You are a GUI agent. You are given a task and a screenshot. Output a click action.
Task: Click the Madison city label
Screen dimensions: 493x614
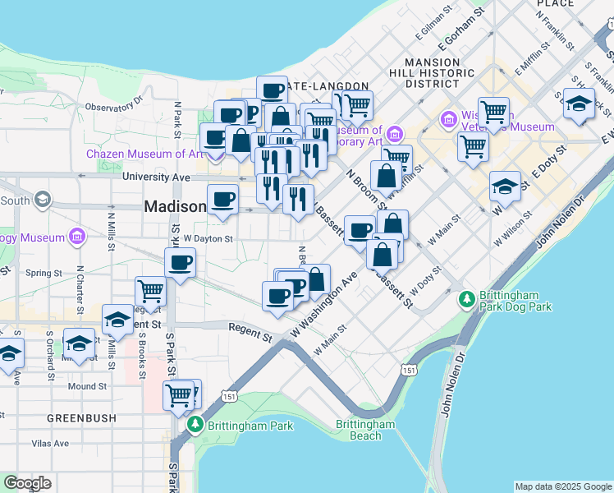pyautogui.click(x=174, y=206)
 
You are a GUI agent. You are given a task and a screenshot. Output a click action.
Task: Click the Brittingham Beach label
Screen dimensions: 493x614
pyautogui.click(x=365, y=430)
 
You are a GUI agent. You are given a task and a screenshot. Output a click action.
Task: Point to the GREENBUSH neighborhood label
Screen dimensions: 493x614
pyautogui.click(x=81, y=418)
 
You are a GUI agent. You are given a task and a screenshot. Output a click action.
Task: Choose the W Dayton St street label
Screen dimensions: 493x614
pyautogui.click(x=208, y=239)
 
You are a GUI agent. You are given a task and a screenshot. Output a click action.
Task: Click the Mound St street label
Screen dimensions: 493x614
pyautogui.click(x=88, y=385)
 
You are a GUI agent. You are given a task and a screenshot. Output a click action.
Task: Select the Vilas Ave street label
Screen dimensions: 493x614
pyautogui.click(x=50, y=444)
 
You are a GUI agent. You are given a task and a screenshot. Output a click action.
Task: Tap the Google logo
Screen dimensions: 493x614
pyautogui.click(x=27, y=483)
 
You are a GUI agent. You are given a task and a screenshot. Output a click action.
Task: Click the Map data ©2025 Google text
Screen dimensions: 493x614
pyautogui.click(x=563, y=486)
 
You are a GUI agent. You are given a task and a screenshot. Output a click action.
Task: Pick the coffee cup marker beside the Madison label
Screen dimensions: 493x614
pyautogui.click(x=223, y=199)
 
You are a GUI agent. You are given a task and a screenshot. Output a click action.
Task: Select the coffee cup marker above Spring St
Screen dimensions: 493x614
pyautogui.click(x=180, y=263)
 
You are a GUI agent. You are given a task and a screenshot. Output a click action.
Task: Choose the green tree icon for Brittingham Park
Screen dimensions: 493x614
pyautogui.click(x=195, y=426)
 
